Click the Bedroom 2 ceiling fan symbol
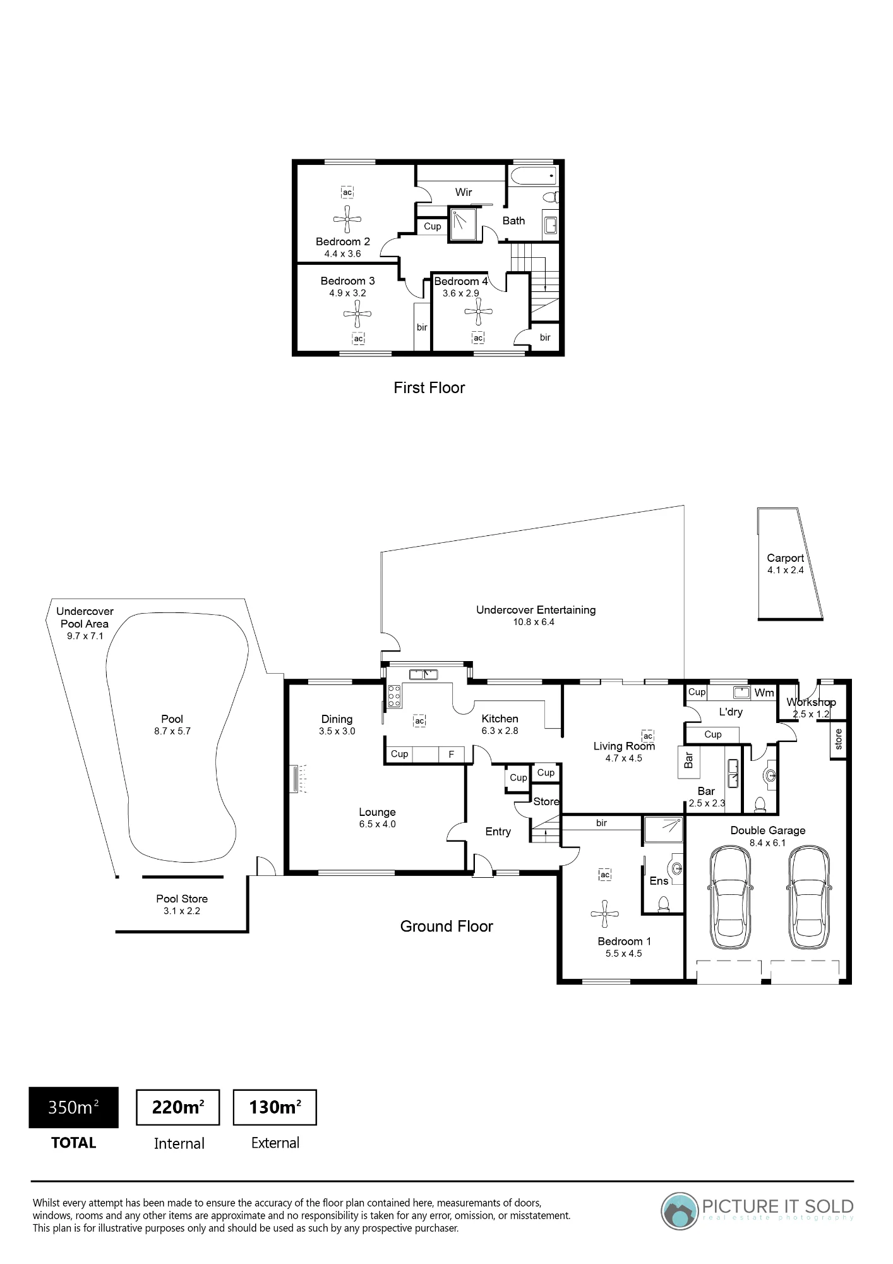tap(347, 219)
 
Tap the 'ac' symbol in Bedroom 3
tap(358, 339)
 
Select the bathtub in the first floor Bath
tap(534, 176)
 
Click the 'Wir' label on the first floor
tap(464, 192)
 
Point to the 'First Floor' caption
tap(429, 387)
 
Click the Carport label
tap(785, 558)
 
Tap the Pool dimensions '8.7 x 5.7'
tap(172, 731)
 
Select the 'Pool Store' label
tap(182, 899)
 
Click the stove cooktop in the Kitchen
tap(394, 696)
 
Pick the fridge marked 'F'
tap(452, 754)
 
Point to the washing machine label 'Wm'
tap(764, 693)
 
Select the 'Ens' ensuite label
tap(659, 881)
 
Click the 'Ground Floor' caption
tap(446, 927)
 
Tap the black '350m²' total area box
tap(73, 1107)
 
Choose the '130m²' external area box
tap(275, 1107)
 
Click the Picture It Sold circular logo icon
tap(680, 1211)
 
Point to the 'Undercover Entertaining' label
tap(536, 610)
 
